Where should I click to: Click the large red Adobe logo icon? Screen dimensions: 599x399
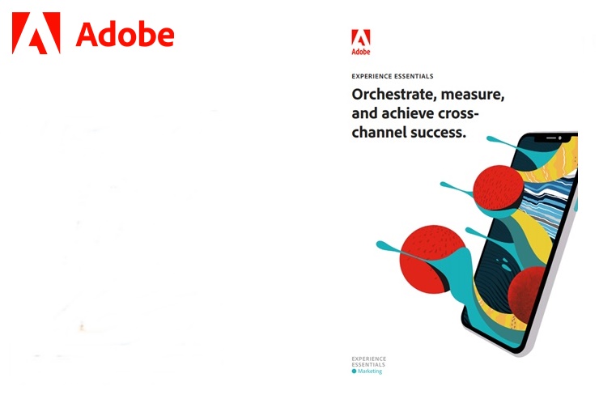pyautogui.click(x=36, y=33)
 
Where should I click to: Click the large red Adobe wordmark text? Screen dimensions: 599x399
pyautogui.click(x=125, y=34)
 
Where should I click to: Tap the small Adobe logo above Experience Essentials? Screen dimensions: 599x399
pyautogui.click(x=361, y=42)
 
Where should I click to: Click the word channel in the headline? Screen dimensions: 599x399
pyautogui.click(x=379, y=132)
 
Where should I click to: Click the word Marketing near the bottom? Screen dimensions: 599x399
pyautogui.click(x=370, y=371)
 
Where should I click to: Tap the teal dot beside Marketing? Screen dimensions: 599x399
pyautogui.click(x=354, y=371)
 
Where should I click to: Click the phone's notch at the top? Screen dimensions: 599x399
pyautogui.click(x=551, y=138)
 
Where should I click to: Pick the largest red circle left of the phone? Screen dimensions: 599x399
pyautogui.click(x=432, y=259)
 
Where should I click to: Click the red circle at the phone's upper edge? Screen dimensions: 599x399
pyautogui.click(x=499, y=188)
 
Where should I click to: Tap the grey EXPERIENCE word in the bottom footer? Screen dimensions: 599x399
pyautogui.click(x=368, y=359)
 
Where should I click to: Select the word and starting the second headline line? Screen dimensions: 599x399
pyautogui.click(x=365, y=113)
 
